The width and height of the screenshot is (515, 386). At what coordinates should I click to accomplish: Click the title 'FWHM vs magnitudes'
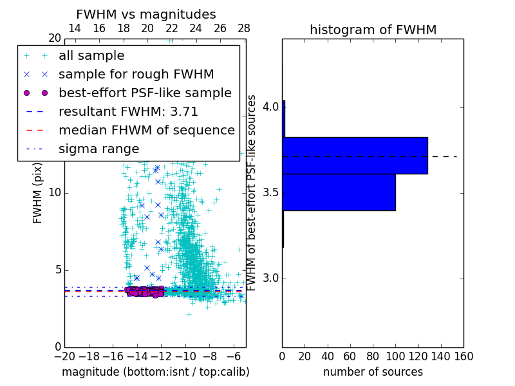coord(146,14)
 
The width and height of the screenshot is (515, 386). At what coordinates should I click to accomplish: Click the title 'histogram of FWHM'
coord(373,30)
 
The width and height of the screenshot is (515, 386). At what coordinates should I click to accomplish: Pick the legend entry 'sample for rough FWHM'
coord(136,74)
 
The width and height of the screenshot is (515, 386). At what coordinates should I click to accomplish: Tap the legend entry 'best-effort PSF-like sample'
coord(145,93)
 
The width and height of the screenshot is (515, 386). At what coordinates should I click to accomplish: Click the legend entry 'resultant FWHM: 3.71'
coord(128,111)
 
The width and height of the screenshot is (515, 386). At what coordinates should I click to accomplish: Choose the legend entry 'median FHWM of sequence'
coord(146,130)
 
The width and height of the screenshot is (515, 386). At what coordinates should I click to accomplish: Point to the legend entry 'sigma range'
coord(98,149)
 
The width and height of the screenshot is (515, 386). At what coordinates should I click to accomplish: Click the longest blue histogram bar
coord(355,155)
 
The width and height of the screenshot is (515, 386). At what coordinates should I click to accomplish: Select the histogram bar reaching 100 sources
coord(339,192)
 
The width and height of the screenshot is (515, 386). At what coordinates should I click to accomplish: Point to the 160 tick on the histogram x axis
coord(464,356)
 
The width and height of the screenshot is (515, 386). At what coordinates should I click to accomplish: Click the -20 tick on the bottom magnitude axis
coord(64,356)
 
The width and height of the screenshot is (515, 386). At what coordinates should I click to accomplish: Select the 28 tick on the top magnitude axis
coord(244,28)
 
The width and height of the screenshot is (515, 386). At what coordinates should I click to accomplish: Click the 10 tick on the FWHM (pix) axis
coord(55,193)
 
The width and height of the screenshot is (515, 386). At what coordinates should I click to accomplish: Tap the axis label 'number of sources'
coord(373,372)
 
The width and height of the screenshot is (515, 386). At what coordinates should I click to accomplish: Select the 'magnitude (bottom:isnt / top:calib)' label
coord(155,372)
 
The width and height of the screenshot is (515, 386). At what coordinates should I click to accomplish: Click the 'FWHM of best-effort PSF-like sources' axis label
coord(252,193)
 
